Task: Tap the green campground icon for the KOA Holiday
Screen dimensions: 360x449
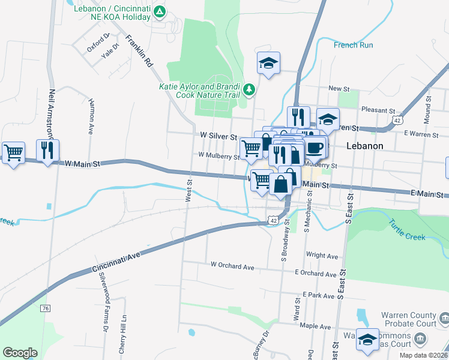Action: pos(159,12)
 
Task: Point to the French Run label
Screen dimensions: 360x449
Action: pos(353,45)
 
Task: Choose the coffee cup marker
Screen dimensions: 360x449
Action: pos(316,147)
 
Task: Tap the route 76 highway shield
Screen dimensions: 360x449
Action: pos(46,308)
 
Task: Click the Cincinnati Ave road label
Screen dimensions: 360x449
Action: pos(116,262)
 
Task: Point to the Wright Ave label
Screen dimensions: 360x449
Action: pos(319,254)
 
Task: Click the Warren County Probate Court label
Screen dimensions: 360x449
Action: pos(414,319)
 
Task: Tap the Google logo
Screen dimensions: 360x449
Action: pos(20,353)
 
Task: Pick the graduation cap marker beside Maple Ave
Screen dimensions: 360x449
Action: pos(367,340)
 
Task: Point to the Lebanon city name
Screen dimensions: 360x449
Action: pos(364,146)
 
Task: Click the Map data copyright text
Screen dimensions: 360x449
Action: pos(424,355)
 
